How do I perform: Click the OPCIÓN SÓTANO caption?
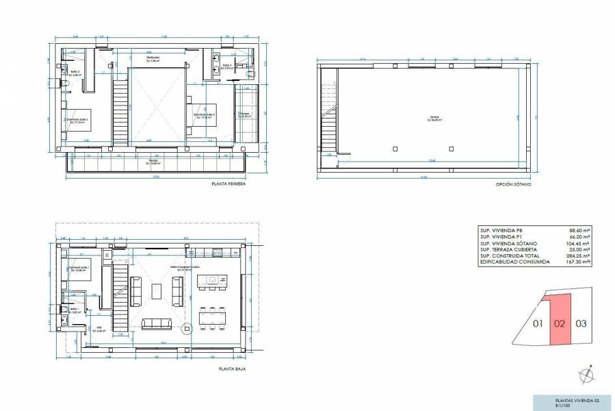click(x=513, y=184)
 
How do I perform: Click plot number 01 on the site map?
click(x=538, y=323)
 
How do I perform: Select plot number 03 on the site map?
click(x=581, y=323)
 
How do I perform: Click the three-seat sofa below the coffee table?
click(x=157, y=323)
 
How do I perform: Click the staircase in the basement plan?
click(x=330, y=130)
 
